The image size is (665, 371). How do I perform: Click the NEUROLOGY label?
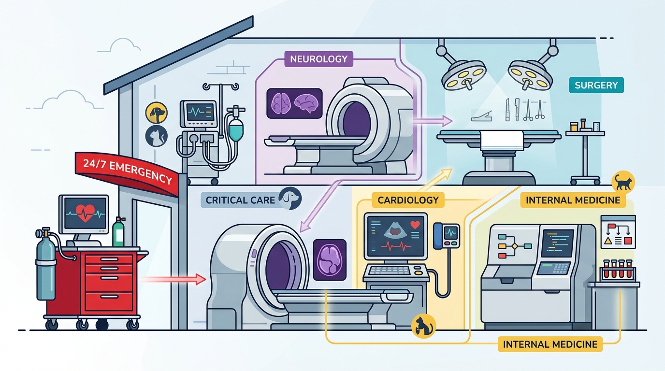point(318,59)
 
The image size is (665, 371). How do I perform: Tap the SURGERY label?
point(596,85)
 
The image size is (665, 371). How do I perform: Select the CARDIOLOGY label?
point(408,200)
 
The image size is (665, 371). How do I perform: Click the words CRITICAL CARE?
point(240,200)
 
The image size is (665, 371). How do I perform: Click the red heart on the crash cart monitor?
point(85,213)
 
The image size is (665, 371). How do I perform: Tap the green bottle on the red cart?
point(118,232)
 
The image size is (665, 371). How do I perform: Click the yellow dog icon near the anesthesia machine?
point(157,113)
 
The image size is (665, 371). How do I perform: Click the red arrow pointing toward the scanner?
point(173,279)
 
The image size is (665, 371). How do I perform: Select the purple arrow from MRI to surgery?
point(432,121)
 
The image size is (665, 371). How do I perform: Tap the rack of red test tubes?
point(617,271)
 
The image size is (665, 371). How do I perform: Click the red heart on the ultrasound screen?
point(415,225)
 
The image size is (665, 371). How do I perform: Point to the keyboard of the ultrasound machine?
point(390,271)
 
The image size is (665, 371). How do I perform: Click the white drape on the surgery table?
point(502,141)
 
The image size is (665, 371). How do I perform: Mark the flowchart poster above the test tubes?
point(618,232)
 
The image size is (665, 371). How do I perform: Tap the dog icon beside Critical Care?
point(290,198)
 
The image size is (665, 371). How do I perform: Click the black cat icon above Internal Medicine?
point(623,182)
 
